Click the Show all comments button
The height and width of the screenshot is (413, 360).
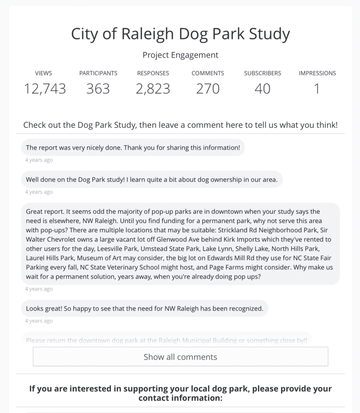(180, 357)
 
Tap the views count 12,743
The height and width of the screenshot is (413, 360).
(45, 89)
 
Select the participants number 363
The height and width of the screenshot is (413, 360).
(98, 89)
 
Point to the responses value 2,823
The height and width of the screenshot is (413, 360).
(153, 89)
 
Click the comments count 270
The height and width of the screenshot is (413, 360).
(208, 89)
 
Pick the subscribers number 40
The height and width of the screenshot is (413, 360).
(262, 89)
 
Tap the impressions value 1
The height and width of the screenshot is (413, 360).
(317, 89)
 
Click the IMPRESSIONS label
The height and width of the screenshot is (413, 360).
(317, 73)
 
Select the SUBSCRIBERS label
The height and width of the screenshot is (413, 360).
(262, 73)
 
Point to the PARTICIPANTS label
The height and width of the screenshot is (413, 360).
(98, 73)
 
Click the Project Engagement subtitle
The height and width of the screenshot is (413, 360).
(180, 55)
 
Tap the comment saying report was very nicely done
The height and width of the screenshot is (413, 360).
(133, 148)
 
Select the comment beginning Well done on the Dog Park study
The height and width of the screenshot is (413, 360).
(152, 179)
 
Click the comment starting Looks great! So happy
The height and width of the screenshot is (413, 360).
(144, 309)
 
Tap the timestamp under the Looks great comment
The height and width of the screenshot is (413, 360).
(39, 321)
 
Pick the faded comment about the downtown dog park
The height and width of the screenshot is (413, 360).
(166, 340)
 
